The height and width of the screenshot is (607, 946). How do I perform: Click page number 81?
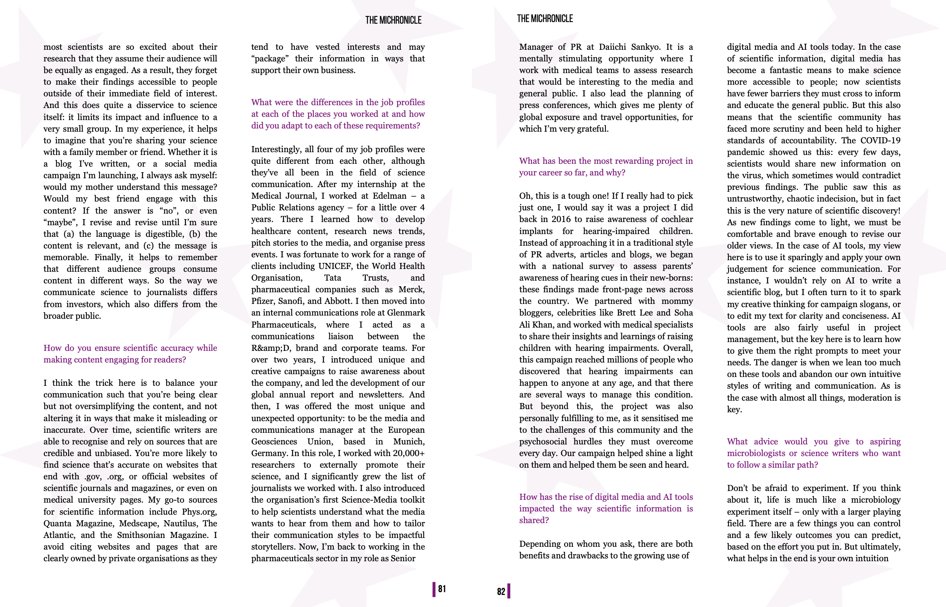[x=442, y=589]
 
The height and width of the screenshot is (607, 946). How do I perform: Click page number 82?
[x=501, y=591]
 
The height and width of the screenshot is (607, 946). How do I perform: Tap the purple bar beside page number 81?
[x=434, y=589]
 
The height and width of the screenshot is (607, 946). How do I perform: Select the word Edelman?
[x=389, y=196]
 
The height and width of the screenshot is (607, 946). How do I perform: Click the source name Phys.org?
[x=199, y=512]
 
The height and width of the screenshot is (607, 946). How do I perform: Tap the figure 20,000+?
[x=408, y=453]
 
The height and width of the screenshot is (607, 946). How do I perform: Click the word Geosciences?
[x=274, y=442]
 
